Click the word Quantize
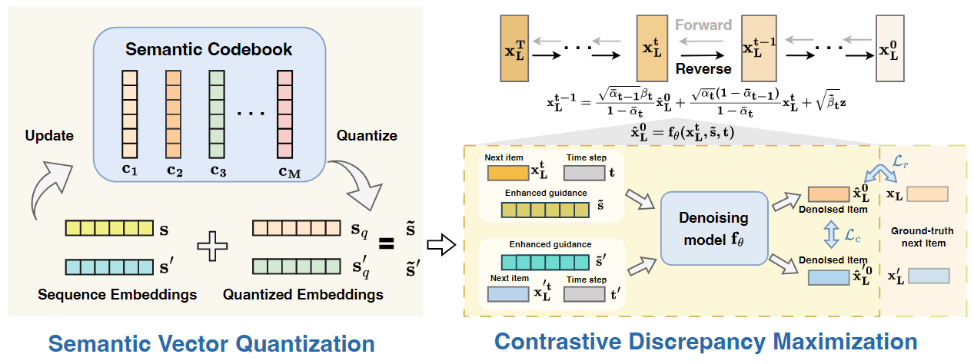click(367, 136)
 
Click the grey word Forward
click(703, 25)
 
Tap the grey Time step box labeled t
click(585, 173)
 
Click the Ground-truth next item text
click(918, 237)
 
